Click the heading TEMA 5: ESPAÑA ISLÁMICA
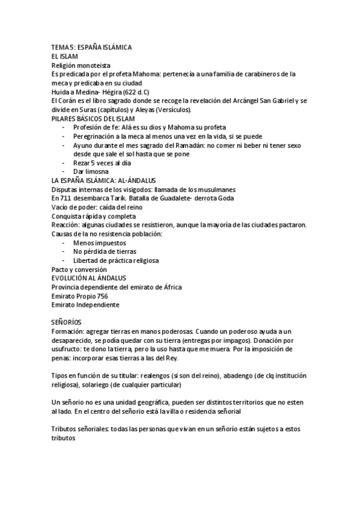point(91,47)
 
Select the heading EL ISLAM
point(66,56)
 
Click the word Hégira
point(110,92)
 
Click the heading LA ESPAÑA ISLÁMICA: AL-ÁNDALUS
point(103,181)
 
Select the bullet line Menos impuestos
point(99,242)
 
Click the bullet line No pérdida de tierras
point(105,251)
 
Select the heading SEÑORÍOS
point(67,323)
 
